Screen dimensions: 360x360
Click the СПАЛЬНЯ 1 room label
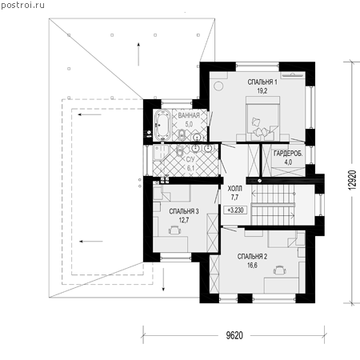pyautogui.click(x=262, y=82)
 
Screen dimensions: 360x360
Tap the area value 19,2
pyautogui.click(x=262, y=91)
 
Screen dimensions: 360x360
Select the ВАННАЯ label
pyautogui.click(x=189, y=115)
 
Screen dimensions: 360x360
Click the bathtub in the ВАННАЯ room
pyautogui.click(x=162, y=125)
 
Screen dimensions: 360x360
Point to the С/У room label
pyautogui.click(x=190, y=160)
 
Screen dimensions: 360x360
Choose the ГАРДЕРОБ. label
pyautogui.click(x=288, y=154)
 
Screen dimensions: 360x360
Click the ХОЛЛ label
pyautogui.click(x=235, y=189)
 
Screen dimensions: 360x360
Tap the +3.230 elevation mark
pyautogui.click(x=235, y=210)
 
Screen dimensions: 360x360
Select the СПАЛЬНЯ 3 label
pyautogui.click(x=184, y=211)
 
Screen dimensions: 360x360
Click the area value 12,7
pyautogui.click(x=184, y=221)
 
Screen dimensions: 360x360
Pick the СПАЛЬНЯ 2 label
pyautogui.click(x=252, y=257)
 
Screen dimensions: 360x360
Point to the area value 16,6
pyautogui.click(x=252, y=266)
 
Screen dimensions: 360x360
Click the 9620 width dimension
pyautogui.click(x=234, y=335)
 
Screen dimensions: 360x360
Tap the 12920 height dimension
pyautogui.click(x=352, y=180)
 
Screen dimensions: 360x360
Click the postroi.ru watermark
pyautogui.click(x=22, y=5)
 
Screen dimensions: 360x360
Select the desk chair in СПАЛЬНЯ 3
pyautogui.click(x=174, y=230)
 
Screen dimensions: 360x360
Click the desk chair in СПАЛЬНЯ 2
pyautogui.click(x=280, y=270)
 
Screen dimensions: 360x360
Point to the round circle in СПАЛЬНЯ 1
pyautogui.click(x=218, y=86)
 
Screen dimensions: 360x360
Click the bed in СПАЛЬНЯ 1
pyautogui.click(x=263, y=118)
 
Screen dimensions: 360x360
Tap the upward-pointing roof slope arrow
pyautogui.click(x=138, y=54)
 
